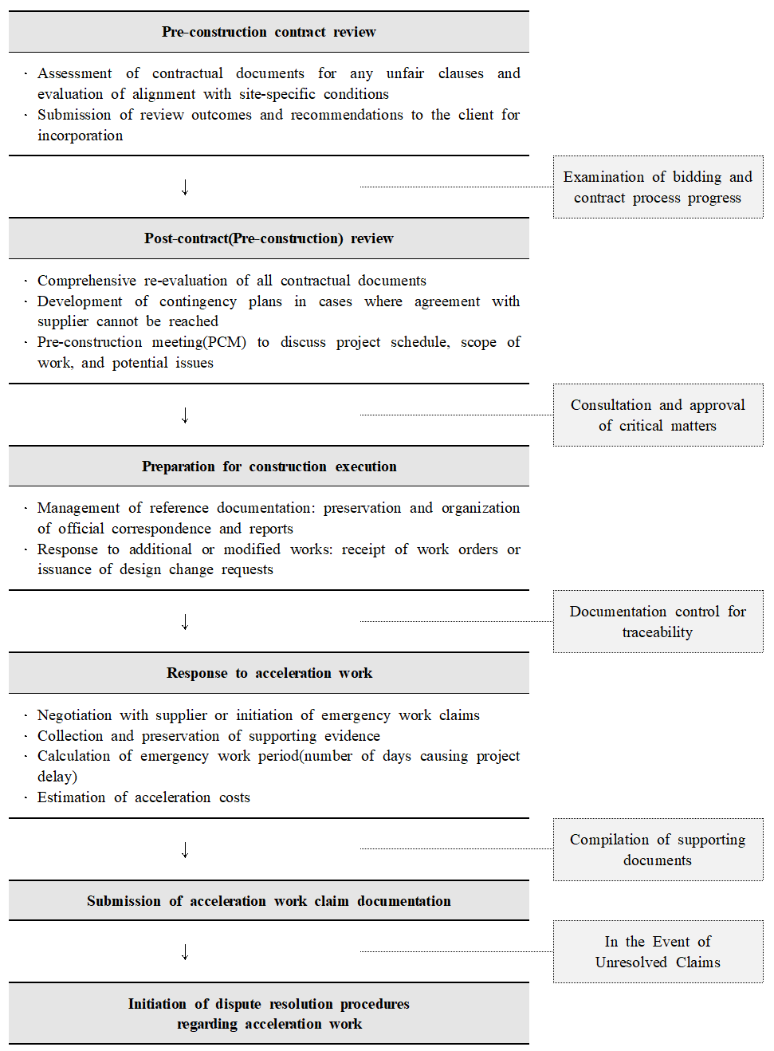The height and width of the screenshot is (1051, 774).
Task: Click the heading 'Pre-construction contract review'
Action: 269,32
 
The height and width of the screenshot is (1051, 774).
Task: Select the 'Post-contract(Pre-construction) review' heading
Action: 269,238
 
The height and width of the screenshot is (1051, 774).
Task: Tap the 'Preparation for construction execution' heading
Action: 269,466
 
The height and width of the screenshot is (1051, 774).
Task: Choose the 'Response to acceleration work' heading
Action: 269,673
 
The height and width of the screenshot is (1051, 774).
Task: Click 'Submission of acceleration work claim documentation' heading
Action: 269,901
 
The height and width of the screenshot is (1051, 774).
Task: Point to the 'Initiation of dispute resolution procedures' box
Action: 269,1014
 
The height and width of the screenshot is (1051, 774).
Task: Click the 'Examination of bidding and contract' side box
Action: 658,187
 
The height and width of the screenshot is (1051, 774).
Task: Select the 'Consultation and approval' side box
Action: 658,415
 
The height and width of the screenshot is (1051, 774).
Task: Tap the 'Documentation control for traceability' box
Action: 658,622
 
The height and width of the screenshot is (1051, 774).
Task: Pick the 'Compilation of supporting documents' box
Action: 658,850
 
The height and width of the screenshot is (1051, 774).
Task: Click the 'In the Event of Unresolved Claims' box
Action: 658,952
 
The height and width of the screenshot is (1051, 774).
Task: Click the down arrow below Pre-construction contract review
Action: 185,187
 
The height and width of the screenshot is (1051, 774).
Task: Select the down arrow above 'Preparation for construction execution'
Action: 185,415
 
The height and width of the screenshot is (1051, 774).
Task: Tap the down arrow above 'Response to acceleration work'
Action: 185,622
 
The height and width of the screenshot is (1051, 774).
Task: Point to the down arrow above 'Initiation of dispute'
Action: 185,952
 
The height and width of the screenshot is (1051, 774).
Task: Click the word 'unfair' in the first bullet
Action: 405,73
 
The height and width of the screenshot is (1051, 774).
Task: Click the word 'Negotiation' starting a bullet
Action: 75,715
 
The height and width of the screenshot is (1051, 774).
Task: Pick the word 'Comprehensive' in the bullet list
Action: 87,281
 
